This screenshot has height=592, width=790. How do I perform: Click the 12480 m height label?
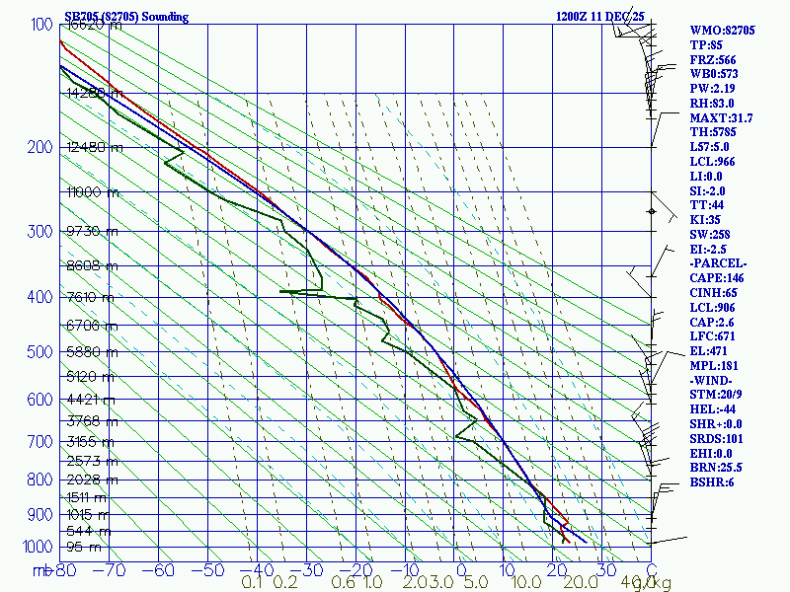pyautogui.click(x=95, y=148)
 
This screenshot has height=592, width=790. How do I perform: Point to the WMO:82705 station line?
pyautogui.click(x=722, y=31)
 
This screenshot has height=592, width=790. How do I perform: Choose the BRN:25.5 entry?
pyautogui.click(x=717, y=468)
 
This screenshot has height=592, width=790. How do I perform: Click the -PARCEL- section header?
pyautogui.click(x=718, y=264)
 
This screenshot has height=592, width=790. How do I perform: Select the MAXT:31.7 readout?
pyautogui.click(x=721, y=118)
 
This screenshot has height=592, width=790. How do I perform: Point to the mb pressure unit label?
pyautogui.click(x=41, y=570)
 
